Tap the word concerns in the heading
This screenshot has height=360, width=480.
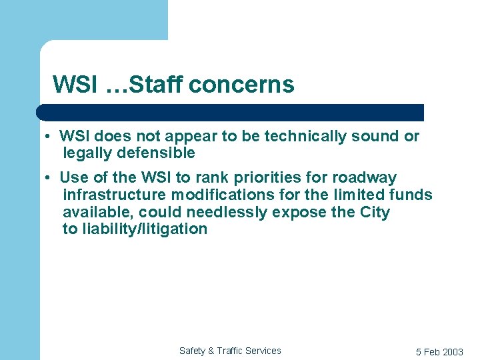coord(241,85)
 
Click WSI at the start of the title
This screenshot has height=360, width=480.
coord(75,85)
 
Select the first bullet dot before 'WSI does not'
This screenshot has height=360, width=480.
coord(49,137)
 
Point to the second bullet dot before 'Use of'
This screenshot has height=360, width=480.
coord(49,178)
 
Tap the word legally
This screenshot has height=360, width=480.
coord(84,153)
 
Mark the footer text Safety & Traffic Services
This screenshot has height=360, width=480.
coord(230,351)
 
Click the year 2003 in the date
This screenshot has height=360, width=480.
coord(452,352)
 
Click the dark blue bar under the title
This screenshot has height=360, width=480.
coord(230,112)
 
